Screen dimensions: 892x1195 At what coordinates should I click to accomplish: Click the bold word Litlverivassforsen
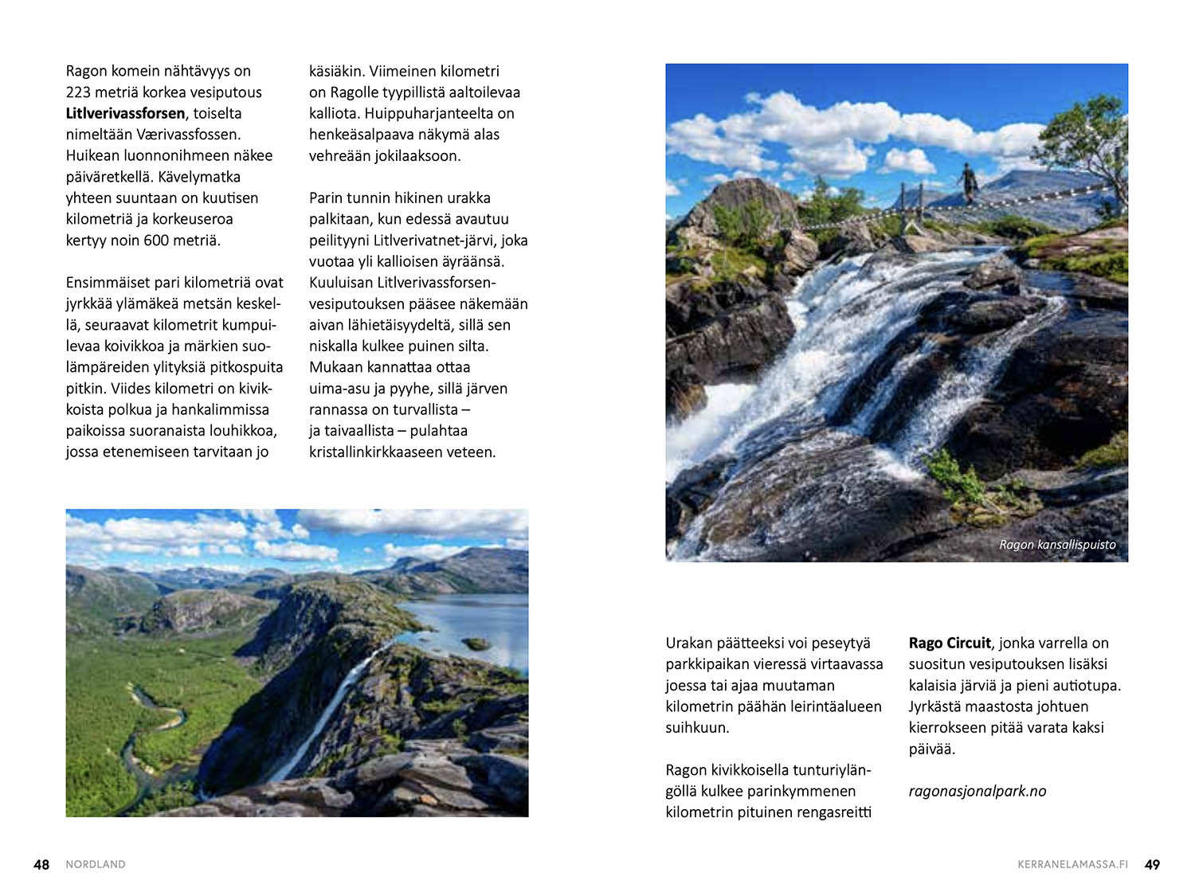pos(125,113)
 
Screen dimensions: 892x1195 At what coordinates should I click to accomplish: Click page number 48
pos(41,864)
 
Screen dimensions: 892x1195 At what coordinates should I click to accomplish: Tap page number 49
pos(1152,864)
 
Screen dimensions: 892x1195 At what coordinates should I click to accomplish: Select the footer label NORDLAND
pos(96,864)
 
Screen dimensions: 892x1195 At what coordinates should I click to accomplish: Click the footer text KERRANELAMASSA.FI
pos(1072,864)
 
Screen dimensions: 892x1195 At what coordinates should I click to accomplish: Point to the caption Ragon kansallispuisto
pos(1057,545)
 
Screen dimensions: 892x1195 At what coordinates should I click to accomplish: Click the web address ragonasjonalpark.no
pos(978,791)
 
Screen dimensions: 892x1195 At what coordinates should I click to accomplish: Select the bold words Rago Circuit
pos(950,643)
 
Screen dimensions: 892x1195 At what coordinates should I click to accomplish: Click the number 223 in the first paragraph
pos(78,92)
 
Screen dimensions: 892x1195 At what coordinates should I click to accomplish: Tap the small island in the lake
pos(476,643)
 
